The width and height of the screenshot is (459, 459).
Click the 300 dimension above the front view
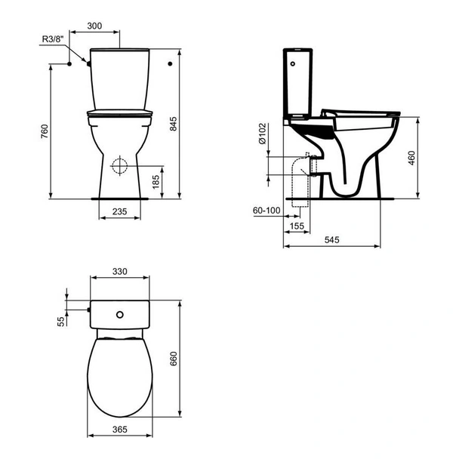(x=94, y=25)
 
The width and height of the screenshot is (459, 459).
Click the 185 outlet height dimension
(x=155, y=181)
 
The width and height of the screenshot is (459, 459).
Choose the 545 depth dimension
(x=332, y=239)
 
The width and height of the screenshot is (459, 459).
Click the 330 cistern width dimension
(x=121, y=271)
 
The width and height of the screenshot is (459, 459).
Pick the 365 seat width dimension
(x=121, y=430)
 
